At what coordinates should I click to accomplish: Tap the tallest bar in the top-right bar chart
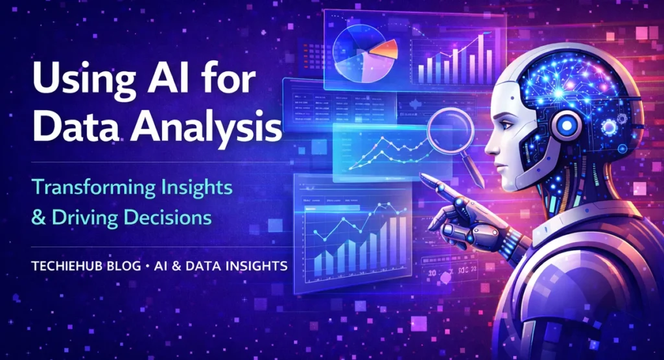click(x=482, y=49)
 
